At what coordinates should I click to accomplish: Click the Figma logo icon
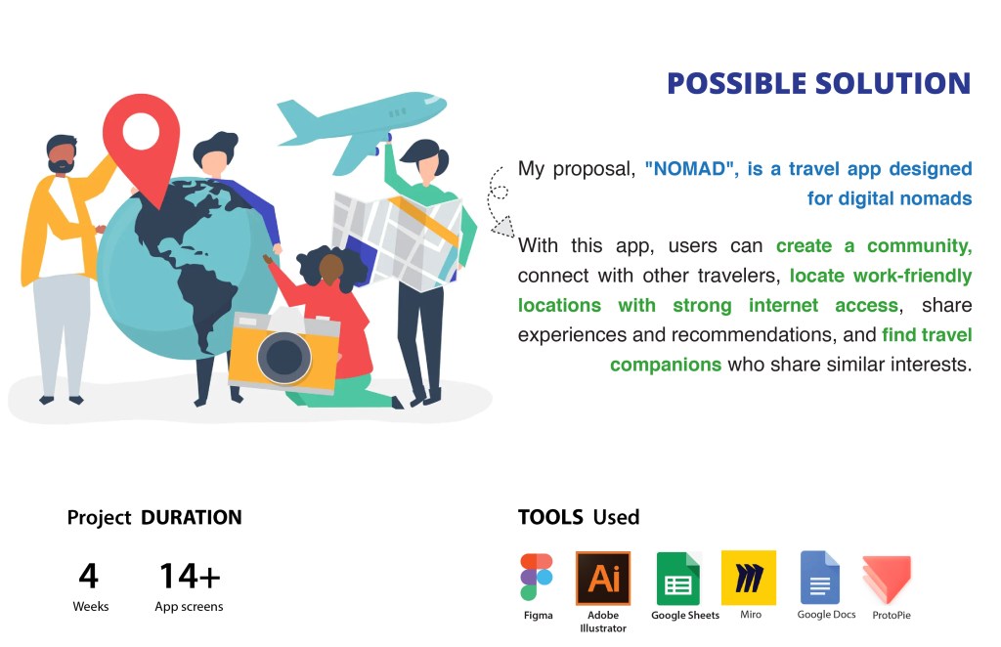[537, 577]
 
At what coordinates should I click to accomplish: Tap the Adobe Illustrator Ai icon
[602, 578]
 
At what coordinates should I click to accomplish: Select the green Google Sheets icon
[678, 578]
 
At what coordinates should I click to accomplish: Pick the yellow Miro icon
[748, 578]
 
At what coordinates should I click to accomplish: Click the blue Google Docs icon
[820, 578]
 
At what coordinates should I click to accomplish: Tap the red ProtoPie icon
[887, 579]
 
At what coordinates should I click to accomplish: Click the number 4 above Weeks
[89, 576]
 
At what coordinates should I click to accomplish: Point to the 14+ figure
[190, 576]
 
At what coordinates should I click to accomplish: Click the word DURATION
[192, 517]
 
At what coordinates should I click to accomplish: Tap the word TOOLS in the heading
[550, 517]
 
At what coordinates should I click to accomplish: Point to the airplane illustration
[361, 128]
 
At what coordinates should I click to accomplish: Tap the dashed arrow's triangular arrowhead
[503, 227]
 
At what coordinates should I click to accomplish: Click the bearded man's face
[62, 157]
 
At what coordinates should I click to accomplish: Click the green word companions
[665, 365]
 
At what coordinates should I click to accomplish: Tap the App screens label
[189, 606]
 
